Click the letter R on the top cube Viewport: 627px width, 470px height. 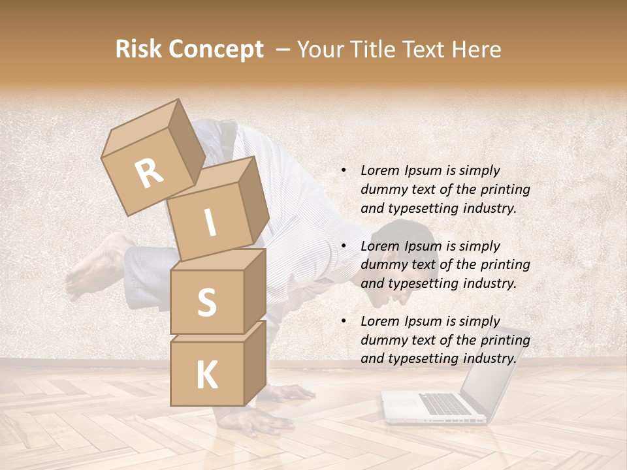[150, 173]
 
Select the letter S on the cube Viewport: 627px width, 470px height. [206, 302]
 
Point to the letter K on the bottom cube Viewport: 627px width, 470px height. [206, 375]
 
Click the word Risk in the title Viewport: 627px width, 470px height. [140, 49]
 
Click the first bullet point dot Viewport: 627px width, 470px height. [344, 170]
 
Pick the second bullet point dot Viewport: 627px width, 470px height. [344, 246]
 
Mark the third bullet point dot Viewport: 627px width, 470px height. [344, 321]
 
